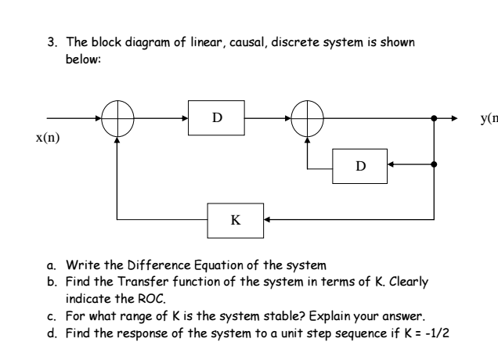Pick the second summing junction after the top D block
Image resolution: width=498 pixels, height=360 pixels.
(x=307, y=119)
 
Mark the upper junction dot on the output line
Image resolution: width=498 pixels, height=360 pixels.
(x=435, y=119)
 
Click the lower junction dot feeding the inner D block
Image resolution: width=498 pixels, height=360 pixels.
(x=435, y=166)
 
